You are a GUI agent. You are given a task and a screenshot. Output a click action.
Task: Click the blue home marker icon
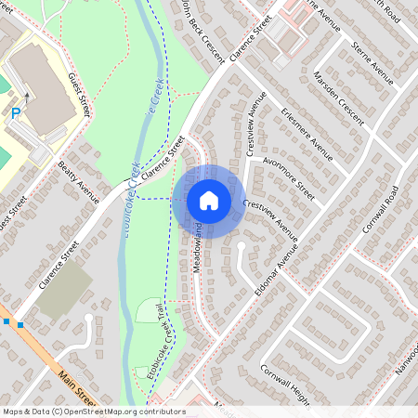(209, 200)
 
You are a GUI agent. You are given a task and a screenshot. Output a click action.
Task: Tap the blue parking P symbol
(16, 112)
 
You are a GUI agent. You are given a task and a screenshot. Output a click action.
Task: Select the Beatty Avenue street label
(78, 180)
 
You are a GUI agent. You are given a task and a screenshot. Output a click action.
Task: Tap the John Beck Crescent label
(202, 33)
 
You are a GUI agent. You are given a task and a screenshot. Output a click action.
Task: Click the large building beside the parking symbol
(41, 88)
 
